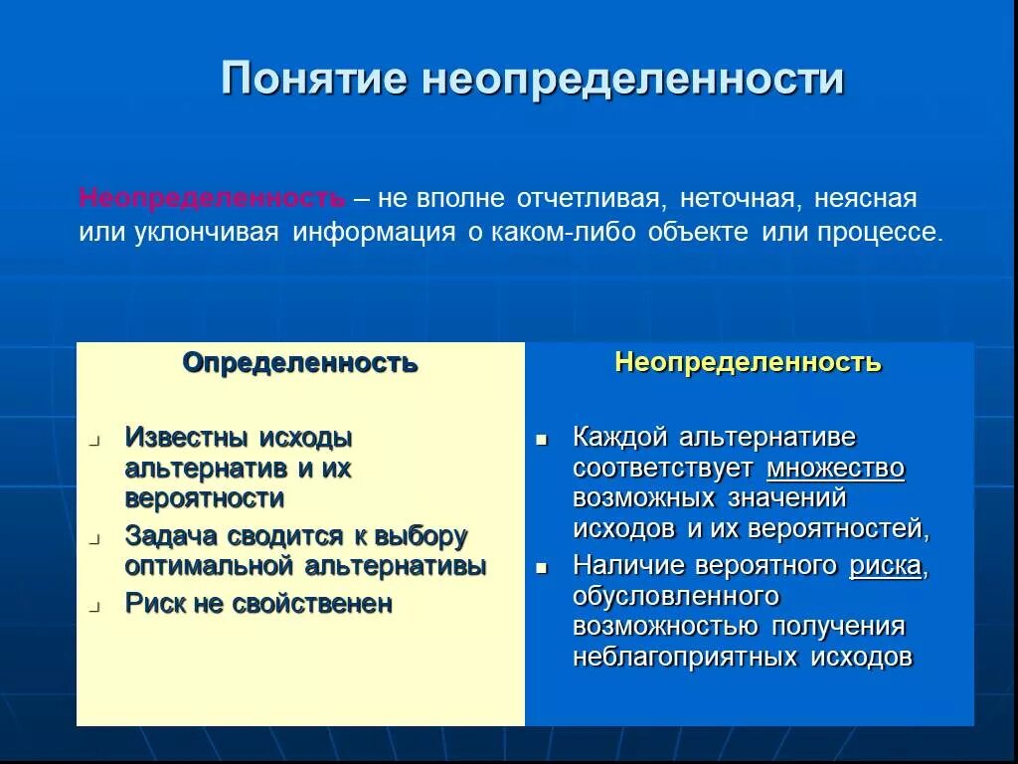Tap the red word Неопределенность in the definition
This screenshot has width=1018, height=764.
(212, 198)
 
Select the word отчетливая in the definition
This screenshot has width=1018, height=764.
(589, 198)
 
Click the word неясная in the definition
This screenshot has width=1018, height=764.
(865, 198)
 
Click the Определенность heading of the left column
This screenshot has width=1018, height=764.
(299, 362)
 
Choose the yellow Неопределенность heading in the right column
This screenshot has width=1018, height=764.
(748, 362)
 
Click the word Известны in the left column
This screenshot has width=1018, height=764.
(187, 437)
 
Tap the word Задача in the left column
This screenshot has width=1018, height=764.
(171, 536)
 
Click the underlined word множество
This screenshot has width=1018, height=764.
(835, 468)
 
